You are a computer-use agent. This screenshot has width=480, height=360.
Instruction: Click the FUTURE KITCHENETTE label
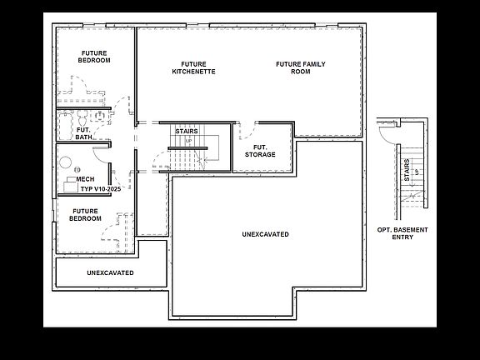pos(194,67)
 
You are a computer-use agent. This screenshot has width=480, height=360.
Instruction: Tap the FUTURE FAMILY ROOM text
pos(300,67)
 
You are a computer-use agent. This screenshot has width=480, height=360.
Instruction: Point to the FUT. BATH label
pos(83,132)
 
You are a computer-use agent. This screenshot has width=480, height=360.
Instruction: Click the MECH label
pos(85,179)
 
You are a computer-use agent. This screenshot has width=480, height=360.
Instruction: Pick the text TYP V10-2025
pos(100,189)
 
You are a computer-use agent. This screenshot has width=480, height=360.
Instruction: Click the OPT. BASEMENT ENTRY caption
pos(402,232)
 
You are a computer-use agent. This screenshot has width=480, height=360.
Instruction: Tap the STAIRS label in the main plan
pos(186,131)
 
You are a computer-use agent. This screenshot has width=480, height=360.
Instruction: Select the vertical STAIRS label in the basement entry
pos(407,171)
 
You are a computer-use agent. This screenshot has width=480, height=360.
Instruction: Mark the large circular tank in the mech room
pos(64,162)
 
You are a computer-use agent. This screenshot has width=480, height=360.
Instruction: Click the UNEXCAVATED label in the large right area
pos(266,234)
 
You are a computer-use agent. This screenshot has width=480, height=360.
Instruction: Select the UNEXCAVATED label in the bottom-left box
pos(110,272)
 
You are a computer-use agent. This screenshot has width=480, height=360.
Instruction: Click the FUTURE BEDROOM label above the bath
pos(94,57)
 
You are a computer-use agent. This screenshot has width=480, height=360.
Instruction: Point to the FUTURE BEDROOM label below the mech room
pos(85,215)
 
